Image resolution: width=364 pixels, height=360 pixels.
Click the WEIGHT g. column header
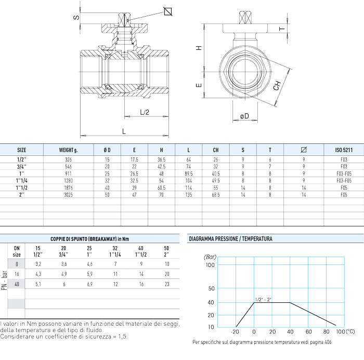click(68, 150)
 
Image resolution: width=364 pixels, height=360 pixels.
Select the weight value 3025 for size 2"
click(68, 195)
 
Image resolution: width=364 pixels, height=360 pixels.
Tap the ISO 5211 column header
click(344, 150)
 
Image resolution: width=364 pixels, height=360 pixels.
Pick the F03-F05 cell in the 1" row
click(344, 173)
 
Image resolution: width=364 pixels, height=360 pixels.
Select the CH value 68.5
click(216, 195)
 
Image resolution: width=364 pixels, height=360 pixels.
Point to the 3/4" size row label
click(21, 166)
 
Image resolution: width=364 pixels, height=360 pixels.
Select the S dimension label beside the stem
click(76, 18)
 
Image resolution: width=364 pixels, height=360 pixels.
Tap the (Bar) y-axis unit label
click(209, 257)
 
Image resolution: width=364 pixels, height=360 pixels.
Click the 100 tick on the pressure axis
click(210, 265)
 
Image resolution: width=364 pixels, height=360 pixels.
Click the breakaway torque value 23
click(166, 284)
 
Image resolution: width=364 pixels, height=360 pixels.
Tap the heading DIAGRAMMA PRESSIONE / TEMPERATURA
click(230, 239)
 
